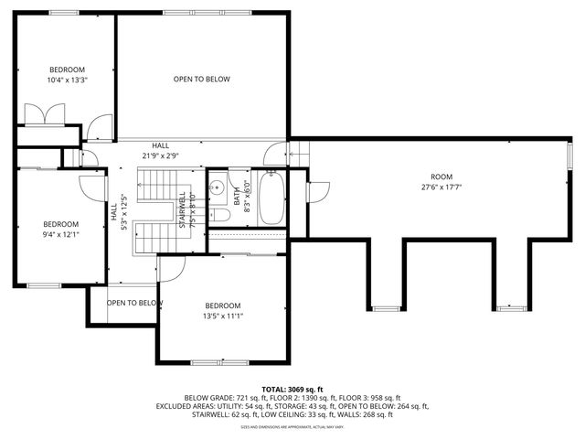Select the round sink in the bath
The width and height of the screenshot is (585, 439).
point(218,187)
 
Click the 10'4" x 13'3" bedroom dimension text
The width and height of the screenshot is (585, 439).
point(67,80)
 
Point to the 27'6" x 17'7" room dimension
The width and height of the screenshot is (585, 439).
point(441,187)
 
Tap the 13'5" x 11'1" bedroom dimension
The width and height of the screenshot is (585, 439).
point(222,316)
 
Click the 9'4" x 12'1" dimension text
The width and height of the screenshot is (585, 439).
point(61,234)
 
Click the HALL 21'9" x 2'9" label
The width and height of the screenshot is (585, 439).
point(160,151)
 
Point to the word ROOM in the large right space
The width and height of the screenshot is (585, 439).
point(441,176)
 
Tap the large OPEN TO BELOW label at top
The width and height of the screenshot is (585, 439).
point(202,80)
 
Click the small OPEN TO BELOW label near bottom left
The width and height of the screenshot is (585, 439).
point(134,303)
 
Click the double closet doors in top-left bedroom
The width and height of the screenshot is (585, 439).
point(43,113)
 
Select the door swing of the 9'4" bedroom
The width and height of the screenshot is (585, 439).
point(90,186)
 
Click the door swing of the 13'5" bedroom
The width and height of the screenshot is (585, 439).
point(170,267)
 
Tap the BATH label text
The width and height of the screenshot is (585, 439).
point(236,195)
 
